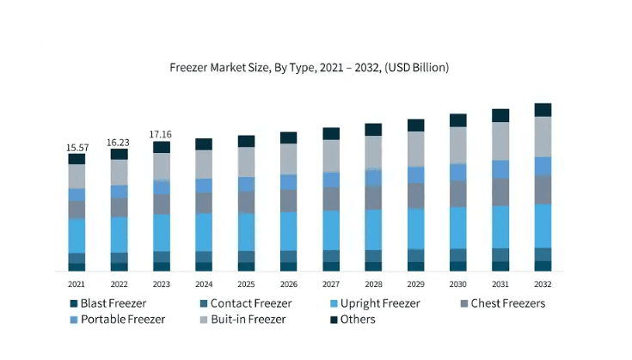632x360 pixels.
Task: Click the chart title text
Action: click(310, 67)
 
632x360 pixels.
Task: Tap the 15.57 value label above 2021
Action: click(77, 148)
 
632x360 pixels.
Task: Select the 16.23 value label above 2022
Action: click(119, 143)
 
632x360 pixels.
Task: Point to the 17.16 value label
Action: click(161, 135)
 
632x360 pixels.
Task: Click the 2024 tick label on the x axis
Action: click(204, 284)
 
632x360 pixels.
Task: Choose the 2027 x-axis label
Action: click(331, 284)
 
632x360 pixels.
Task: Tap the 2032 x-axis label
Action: click(543, 284)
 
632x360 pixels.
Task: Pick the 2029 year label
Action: click(415, 284)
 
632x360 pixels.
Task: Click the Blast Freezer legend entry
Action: click(109, 303)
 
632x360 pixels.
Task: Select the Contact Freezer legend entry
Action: click(245, 303)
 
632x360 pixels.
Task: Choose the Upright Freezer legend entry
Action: click(375, 303)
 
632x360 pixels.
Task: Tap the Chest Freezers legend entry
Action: click(502, 303)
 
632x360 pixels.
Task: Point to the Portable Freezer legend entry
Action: click(118, 320)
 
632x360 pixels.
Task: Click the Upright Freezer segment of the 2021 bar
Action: click(77, 235)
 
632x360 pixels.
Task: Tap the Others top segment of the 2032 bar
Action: click(543, 110)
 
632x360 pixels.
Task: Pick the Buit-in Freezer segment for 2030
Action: click(458, 144)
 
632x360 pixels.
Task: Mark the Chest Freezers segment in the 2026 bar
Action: click(288, 200)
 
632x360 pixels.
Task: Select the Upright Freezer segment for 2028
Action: click(373, 229)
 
